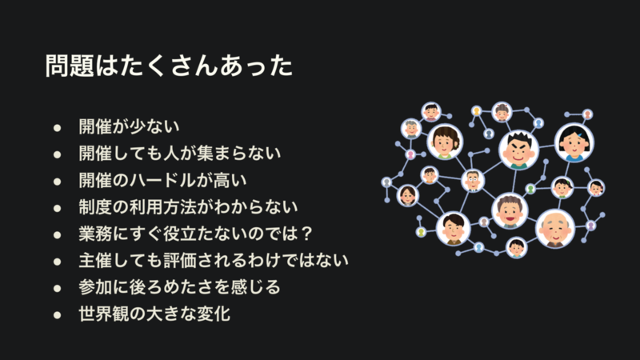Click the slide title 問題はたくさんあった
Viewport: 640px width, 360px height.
point(169,66)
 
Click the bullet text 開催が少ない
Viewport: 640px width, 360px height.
point(129,126)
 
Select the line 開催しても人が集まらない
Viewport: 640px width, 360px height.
point(179,153)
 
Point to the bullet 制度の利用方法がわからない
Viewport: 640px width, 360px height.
point(188,207)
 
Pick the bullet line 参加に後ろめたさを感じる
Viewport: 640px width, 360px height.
point(179,287)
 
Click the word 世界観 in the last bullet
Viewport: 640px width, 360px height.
point(104,314)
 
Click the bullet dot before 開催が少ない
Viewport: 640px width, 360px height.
point(57,128)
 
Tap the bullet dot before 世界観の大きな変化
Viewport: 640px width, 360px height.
point(57,315)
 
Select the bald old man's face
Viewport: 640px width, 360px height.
point(555,230)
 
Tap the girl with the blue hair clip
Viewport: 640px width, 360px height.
point(574,143)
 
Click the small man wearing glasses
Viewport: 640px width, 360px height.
point(473,181)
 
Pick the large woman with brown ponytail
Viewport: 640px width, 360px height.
point(445,142)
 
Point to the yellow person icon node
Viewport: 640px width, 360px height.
point(476,111)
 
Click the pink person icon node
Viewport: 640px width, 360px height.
point(410,154)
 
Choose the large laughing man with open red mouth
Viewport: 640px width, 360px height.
point(510,210)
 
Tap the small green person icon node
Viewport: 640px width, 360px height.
point(530,189)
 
